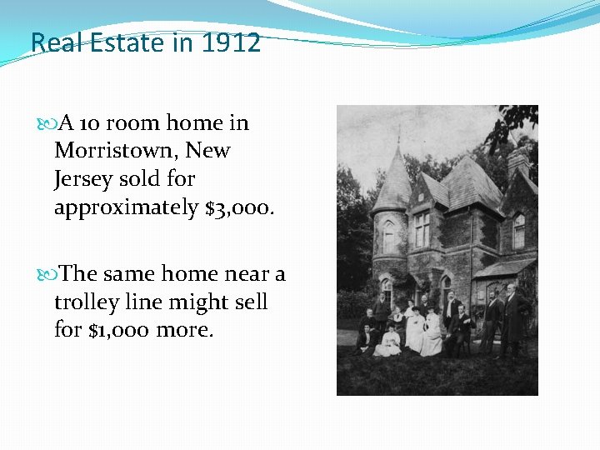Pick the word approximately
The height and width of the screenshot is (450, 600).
click(126, 207)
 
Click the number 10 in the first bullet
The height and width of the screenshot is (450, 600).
click(92, 123)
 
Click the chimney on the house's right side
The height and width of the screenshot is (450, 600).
click(517, 161)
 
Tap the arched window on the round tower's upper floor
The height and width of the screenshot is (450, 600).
click(388, 237)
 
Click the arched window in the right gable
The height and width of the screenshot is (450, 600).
click(519, 230)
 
